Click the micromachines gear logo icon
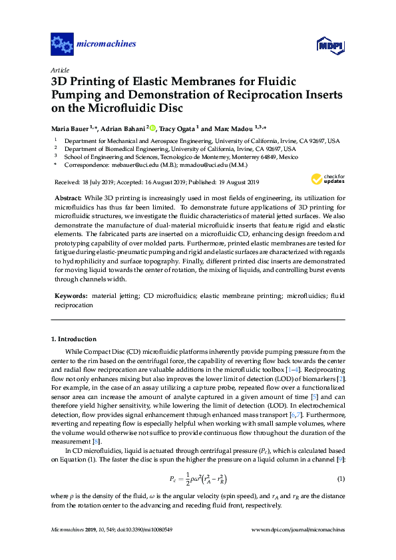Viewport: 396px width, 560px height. point(61,44)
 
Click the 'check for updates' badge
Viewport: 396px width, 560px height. point(328,179)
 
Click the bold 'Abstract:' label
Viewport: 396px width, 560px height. point(68,198)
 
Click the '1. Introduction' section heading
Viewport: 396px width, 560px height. point(73,339)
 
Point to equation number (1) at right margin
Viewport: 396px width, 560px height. point(341,480)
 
